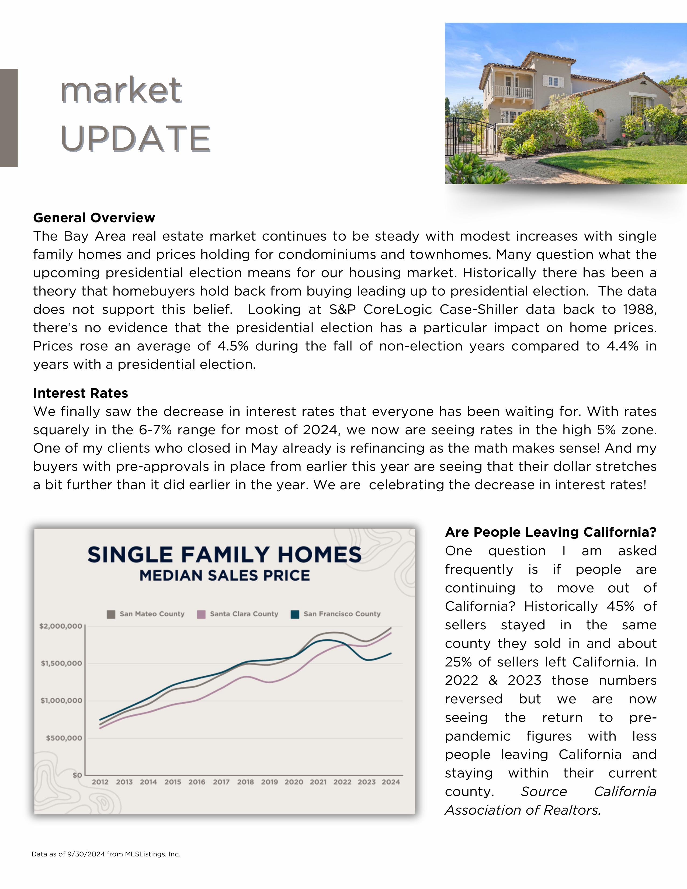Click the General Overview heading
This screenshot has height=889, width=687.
tap(94, 218)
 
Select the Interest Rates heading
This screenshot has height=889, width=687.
tap(81, 393)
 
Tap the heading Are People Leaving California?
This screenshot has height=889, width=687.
tap(551, 532)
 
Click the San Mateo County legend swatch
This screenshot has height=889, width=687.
tap(111, 614)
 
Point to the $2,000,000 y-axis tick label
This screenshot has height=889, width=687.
tap(61, 626)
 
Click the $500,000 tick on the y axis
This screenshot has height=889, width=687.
tap(64, 738)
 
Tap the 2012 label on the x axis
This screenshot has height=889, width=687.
tap(100, 782)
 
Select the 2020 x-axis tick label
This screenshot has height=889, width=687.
tap(294, 782)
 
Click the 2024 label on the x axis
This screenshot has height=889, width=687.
tap(391, 782)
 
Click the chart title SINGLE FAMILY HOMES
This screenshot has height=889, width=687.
tap(224, 555)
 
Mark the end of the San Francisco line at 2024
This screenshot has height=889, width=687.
tap(391, 653)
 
